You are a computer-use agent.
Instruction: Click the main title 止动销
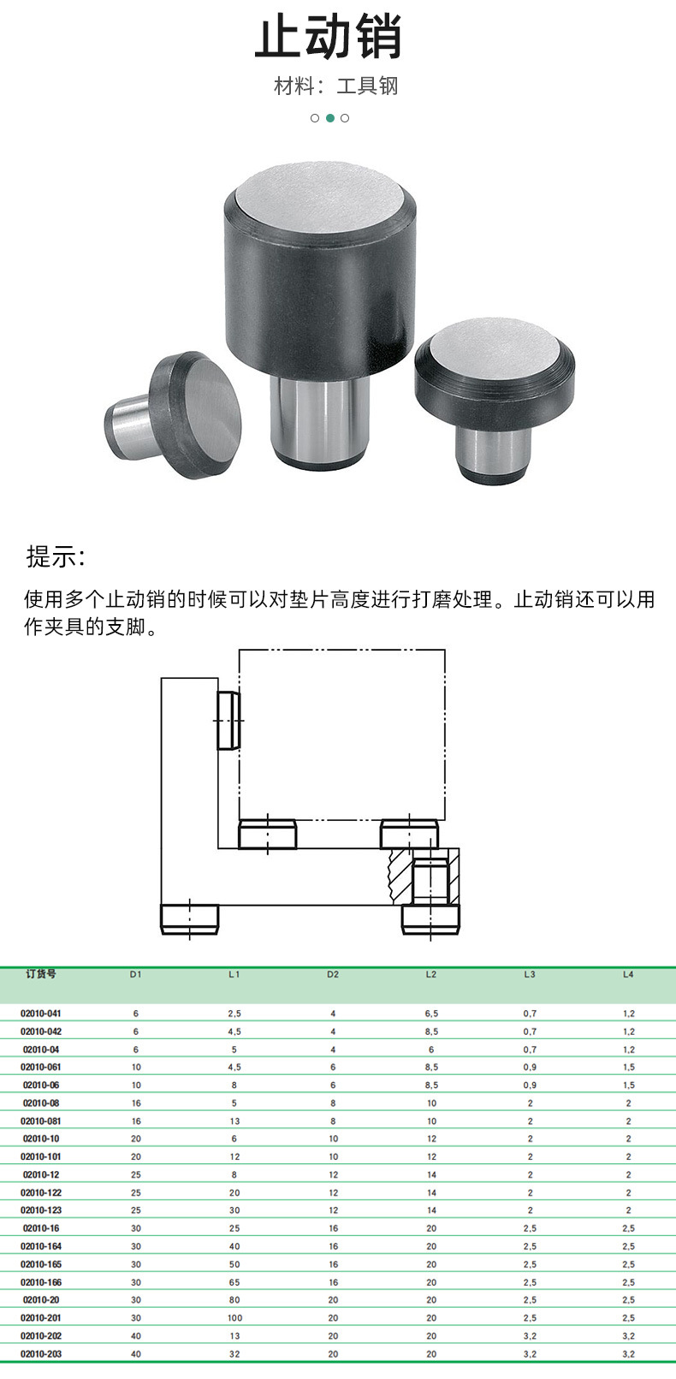329,39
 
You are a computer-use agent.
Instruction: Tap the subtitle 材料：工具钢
336,86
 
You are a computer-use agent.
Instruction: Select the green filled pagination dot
329,118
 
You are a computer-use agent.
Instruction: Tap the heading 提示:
56,556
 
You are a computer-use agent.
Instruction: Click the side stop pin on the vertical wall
228,721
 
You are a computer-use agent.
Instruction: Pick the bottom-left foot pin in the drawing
190,918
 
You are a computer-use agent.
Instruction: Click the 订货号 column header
40,974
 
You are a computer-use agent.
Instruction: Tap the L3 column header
530,974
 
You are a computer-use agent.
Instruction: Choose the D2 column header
333,974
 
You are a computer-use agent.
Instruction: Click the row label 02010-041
41,1013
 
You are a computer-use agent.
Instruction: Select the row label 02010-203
41,1354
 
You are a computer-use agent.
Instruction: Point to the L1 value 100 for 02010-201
234,1318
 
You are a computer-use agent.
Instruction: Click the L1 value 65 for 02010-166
234,1282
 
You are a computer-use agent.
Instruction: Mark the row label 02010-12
41,1174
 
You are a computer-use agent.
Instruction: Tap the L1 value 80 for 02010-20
234,1300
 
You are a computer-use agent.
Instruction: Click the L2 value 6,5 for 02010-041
431,1013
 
